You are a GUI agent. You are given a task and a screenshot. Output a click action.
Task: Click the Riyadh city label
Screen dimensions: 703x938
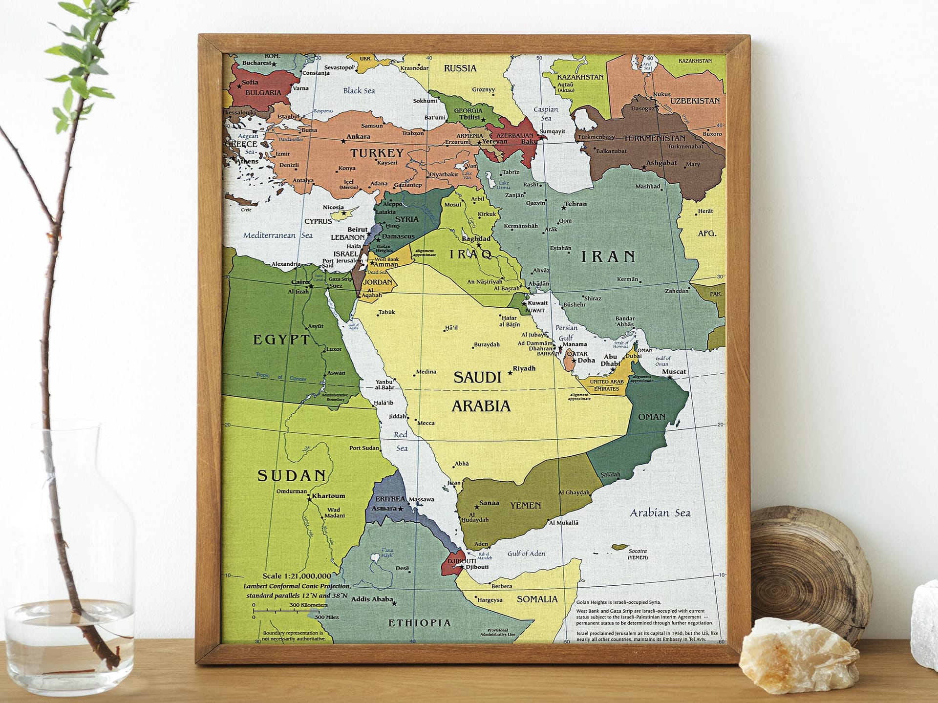[524, 368]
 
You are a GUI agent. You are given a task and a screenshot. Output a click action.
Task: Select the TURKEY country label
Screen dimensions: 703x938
[377, 153]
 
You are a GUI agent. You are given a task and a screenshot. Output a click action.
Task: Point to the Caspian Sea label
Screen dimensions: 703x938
[546, 114]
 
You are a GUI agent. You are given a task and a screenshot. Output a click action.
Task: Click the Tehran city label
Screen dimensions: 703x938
[576, 204]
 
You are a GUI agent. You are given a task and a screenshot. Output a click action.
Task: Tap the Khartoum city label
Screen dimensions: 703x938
[328, 495]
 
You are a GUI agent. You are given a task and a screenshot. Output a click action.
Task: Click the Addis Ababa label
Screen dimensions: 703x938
[372, 599]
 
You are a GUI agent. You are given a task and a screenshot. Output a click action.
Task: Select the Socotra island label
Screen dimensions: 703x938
[638, 551]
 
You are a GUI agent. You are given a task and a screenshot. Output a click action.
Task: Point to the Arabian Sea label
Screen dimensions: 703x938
[660, 513]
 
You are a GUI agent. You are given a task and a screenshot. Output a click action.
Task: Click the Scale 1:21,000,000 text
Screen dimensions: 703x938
[297, 576]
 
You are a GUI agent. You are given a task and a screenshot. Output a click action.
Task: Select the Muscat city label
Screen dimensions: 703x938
[674, 372]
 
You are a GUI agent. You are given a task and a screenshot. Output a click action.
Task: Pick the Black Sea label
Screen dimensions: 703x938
[359, 90]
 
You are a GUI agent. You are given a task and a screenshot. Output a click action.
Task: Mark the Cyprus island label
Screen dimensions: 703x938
[318, 221]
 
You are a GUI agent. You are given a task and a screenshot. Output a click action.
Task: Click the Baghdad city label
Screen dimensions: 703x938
[476, 239]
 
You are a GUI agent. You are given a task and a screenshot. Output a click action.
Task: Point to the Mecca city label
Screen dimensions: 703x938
[426, 423]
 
